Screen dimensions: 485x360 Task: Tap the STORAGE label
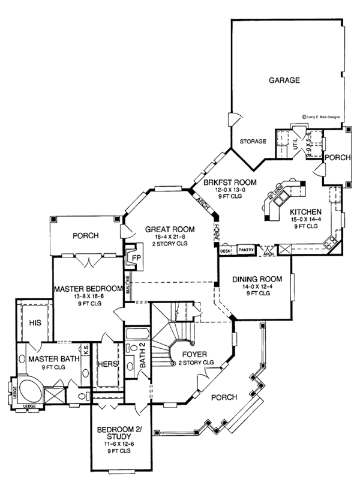[253, 142]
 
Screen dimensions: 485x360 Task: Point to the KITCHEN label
[307, 212]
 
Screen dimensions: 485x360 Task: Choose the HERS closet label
[109, 364]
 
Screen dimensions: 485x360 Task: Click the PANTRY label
[246, 250]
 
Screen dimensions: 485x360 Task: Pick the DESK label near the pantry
[226, 250]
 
